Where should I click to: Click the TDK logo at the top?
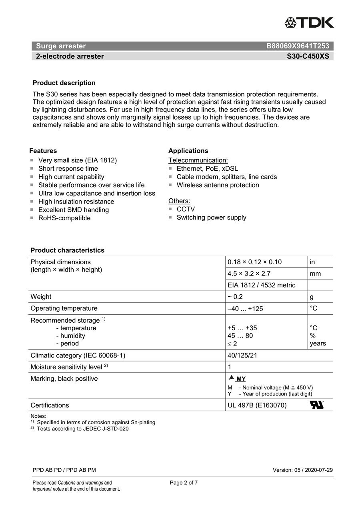(x=309, y=23)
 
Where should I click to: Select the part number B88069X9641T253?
(x=298, y=46)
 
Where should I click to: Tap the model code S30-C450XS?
(x=308, y=56)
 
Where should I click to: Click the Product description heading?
(x=64, y=83)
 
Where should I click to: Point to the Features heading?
(x=43, y=151)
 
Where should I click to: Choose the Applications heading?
(x=188, y=151)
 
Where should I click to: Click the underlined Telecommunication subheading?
(x=198, y=160)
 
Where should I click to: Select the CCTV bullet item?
(x=186, y=209)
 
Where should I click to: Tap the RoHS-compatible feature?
(x=64, y=218)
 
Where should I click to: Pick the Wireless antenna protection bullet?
(x=218, y=185)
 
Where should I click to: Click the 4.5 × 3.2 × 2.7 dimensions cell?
(x=249, y=274)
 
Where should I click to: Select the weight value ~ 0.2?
(x=235, y=297)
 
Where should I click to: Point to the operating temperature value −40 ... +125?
(x=245, y=309)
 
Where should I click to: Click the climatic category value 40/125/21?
(x=242, y=355)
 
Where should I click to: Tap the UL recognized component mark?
(x=316, y=405)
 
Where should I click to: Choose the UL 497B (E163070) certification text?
(x=257, y=405)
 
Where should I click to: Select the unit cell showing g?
(x=312, y=297)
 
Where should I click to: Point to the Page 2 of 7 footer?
(x=184, y=483)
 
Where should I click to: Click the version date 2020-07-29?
(x=319, y=470)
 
